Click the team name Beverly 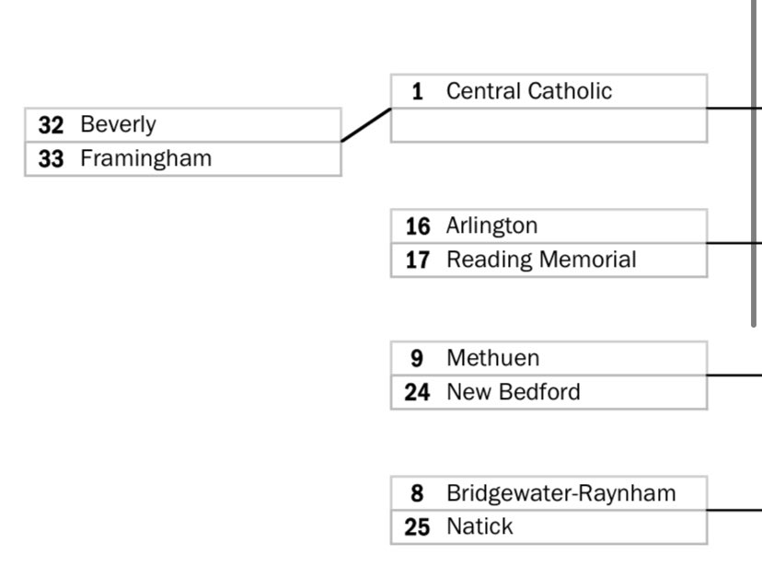pyautogui.click(x=118, y=124)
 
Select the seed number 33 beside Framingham pyautogui.click(x=52, y=158)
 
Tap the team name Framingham pyautogui.click(x=145, y=158)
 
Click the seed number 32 pyautogui.click(x=52, y=124)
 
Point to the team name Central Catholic pyautogui.click(x=528, y=91)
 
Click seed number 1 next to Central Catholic pyautogui.click(x=418, y=91)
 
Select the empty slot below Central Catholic pyautogui.click(x=548, y=125)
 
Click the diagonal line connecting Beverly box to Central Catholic pyautogui.click(x=366, y=124)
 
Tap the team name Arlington pyautogui.click(x=491, y=225)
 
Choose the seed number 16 pyautogui.click(x=418, y=225)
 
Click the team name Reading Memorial pyautogui.click(x=540, y=260)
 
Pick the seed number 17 pyautogui.click(x=418, y=260)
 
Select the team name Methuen pyautogui.click(x=492, y=358)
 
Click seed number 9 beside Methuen pyautogui.click(x=418, y=358)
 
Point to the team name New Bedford pyautogui.click(x=513, y=392)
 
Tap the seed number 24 pyautogui.click(x=418, y=392)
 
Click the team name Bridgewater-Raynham pyautogui.click(x=560, y=493)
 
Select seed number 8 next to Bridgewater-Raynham pyautogui.click(x=418, y=493)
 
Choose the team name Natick pyautogui.click(x=479, y=527)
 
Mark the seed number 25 pyautogui.click(x=418, y=527)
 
